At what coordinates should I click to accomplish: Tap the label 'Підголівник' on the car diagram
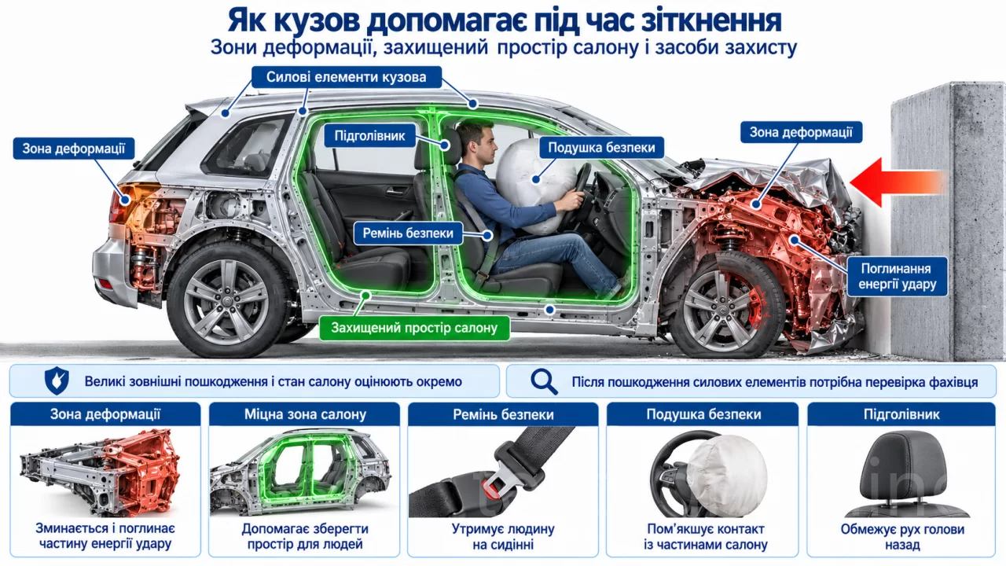click(369, 136)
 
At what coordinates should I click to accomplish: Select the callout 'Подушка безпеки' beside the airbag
click(601, 147)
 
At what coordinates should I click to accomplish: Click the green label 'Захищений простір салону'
click(414, 328)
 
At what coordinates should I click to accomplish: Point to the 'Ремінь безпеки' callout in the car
click(408, 233)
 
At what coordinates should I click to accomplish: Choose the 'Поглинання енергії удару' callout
click(897, 276)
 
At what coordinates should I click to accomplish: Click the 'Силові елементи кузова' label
click(347, 77)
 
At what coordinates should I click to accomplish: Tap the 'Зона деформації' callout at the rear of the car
click(74, 149)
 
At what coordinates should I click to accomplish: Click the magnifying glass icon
click(544, 382)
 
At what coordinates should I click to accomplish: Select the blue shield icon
click(57, 381)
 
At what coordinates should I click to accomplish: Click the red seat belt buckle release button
click(489, 486)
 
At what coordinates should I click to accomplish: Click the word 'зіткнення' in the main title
click(690, 20)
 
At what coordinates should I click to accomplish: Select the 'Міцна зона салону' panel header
click(305, 414)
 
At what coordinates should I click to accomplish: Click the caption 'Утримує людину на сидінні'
click(503, 537)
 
